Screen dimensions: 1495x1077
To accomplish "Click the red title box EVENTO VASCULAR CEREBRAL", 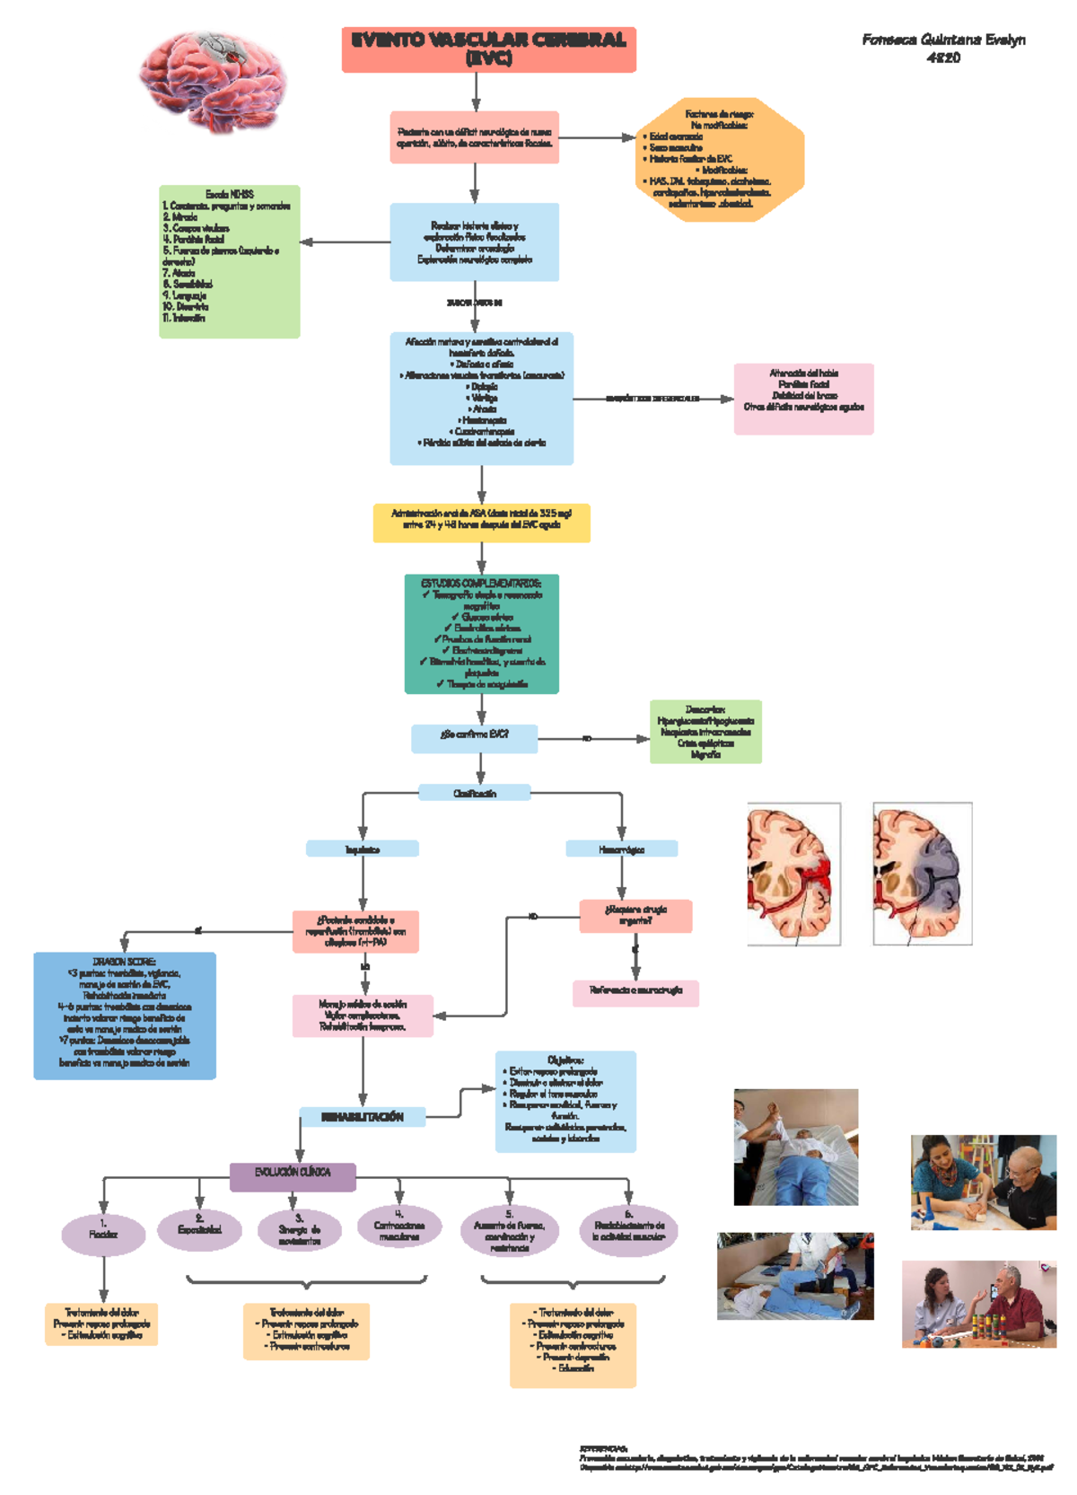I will [488, 49].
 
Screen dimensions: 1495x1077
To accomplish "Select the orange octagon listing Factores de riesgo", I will [719, 159].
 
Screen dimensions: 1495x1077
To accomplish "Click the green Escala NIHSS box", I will [229, 261].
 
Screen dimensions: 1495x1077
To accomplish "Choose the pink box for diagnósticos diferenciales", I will [803, 399].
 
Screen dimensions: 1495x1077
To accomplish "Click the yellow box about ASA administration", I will [481, 523].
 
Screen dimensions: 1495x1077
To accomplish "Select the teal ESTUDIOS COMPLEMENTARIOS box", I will [481, 634].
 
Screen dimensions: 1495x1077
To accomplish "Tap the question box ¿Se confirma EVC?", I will [474, 738].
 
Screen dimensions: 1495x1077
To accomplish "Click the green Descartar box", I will [705, 732].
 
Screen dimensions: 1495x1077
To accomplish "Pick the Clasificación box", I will [474, 793].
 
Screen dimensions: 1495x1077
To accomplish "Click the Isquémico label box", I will [362, 849].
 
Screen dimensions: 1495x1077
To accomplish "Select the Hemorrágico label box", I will [621, 849].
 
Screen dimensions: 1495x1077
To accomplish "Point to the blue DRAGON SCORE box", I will [125, 1015].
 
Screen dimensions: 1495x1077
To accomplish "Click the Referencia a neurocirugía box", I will [635, 992].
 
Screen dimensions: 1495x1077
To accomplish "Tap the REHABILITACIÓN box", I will [362, 1117].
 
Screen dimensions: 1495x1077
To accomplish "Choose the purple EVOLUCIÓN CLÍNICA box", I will [293, 1176].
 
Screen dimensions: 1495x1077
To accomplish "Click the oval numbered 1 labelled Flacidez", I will [103, 1235].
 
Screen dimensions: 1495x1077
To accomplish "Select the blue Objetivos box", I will [565, 1101].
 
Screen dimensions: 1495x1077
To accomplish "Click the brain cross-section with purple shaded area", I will [922, 874].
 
